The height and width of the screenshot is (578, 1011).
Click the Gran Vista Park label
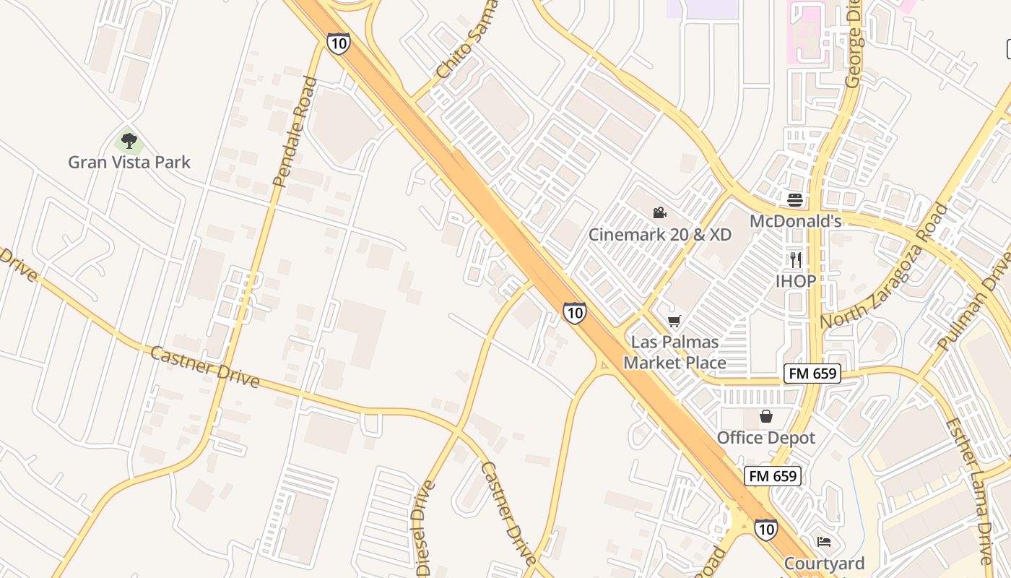(x=129, y=162)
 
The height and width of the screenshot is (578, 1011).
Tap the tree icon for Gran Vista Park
(x=129, y=139)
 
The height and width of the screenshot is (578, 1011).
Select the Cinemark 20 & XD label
(x=659, y=235)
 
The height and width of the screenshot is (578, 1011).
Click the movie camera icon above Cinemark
(x=659, y=213)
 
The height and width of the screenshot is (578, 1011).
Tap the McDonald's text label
(x=795, y=221)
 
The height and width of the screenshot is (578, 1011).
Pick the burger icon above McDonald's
(x=795, y=199)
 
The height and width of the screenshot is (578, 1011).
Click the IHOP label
(x=796, y=281)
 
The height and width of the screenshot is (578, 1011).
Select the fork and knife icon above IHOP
(x=796, y=259)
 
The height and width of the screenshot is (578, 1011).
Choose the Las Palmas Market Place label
(x=674, y=352)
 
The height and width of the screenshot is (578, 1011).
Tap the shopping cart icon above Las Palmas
(x=674, y=321)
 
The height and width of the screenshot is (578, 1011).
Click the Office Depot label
(x=765, y=438)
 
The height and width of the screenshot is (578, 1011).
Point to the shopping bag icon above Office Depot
(x=766, y=416)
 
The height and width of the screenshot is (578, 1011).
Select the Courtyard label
(x=824, y=564)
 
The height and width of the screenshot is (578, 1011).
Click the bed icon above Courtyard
(x=824, y=542)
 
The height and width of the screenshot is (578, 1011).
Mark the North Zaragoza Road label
(x=884, y=267)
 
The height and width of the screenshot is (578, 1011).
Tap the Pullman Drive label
(x=977, y=303)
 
